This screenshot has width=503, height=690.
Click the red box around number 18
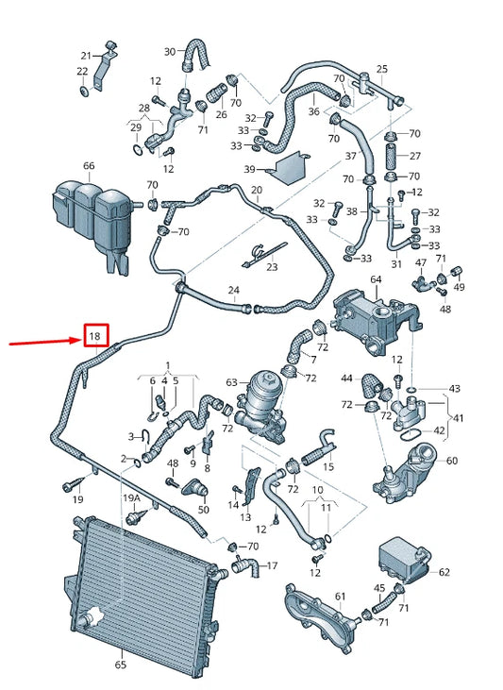[96, 335]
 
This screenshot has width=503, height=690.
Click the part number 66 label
[89, 166]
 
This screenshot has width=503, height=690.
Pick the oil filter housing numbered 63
[260, 407]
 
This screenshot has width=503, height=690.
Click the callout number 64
[376, 279]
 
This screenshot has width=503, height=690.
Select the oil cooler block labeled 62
[405, 560]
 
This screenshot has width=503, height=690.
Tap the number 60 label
[451, 461]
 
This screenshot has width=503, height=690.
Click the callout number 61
[340, 597]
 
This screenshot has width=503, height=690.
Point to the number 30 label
[170, 52]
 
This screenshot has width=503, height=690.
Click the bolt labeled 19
[73, 484]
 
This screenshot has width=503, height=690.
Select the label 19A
[130, 498]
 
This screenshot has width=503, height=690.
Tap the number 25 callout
[382, 69]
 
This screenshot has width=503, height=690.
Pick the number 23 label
[273, 267]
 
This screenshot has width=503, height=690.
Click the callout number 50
[203, 510]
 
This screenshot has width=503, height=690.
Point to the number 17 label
[272, 565]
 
